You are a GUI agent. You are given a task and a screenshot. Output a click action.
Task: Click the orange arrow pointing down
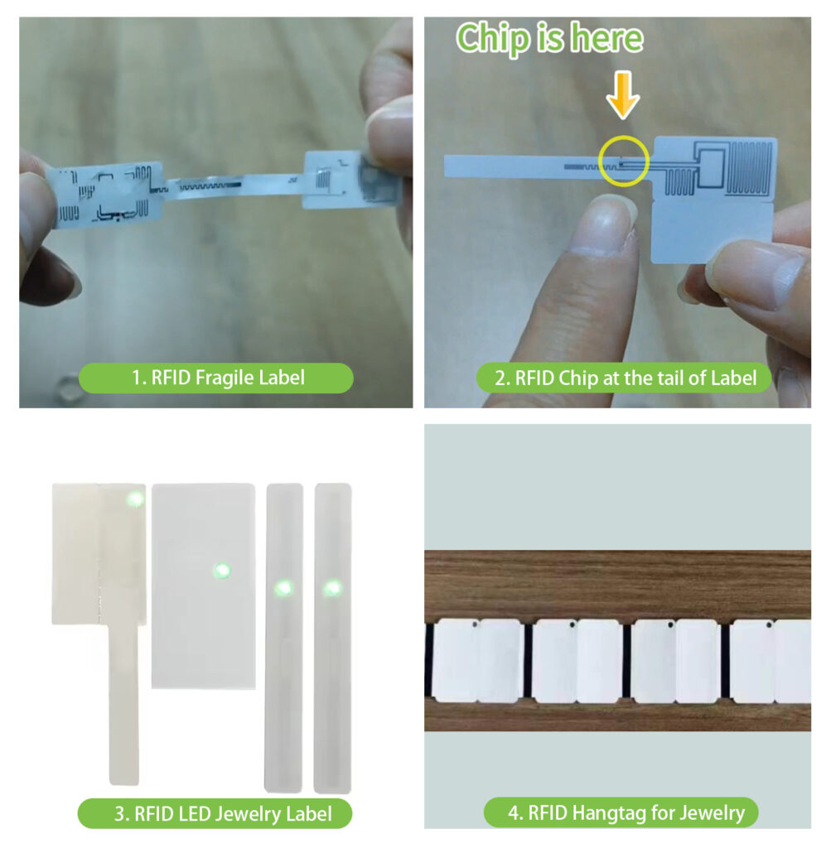pos(623,98)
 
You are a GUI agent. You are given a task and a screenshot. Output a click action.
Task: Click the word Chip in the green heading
pos(495,38)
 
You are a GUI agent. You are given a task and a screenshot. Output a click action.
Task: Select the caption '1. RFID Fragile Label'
pos(216,378)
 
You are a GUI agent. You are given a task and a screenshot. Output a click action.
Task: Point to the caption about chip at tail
pos(625,378)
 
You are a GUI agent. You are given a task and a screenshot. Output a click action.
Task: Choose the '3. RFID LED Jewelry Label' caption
pos(215,813)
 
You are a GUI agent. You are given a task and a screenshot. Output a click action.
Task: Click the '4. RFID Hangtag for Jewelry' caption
pos(620,812)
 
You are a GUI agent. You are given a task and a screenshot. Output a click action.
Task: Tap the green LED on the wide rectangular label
pos(221,570)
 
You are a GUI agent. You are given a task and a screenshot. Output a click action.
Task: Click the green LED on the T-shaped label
pos(133,499)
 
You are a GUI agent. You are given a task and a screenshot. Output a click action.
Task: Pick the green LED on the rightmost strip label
pos(332,588)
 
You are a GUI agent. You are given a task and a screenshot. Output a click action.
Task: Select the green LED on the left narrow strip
pos(283,588)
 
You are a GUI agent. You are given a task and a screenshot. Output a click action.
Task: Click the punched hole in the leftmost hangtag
pos(475,626)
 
